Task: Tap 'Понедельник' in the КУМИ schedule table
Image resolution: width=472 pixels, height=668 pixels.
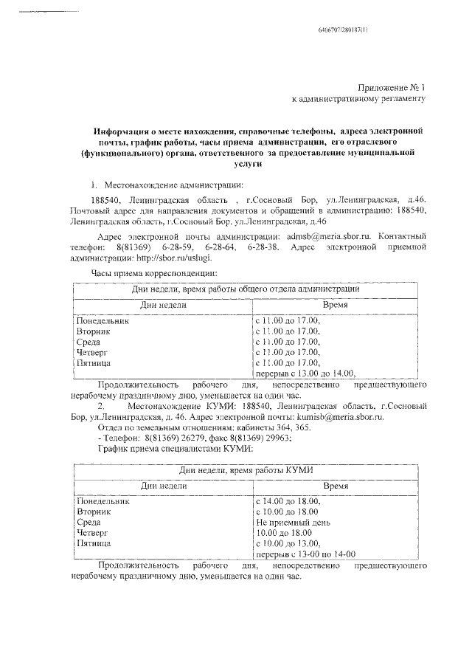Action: pos(103,500)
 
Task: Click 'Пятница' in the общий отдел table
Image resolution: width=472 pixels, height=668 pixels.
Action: pos(94,362)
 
